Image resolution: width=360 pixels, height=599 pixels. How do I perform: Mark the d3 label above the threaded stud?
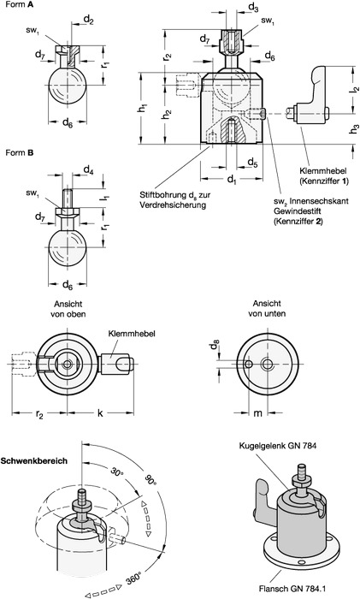[230, 8]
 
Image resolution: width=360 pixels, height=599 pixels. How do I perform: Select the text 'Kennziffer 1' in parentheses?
[326, 183]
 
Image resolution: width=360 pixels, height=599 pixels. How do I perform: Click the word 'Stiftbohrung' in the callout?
[165, 196]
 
